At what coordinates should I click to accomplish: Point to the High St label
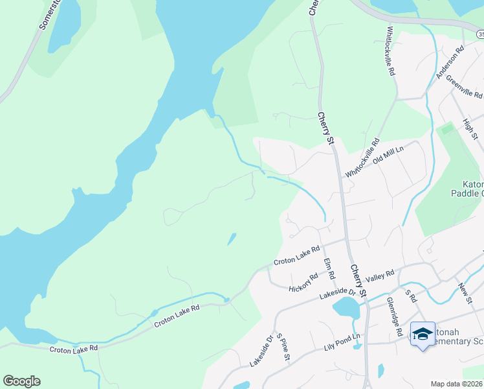(x=470, y=129)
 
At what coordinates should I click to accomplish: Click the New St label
(x=465, y=291)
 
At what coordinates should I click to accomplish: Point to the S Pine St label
(x=282, y=348)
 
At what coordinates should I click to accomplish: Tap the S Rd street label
(x=409, y=296)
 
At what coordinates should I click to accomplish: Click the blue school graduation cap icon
(x=423, y=334)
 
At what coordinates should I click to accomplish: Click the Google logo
(x=21, y=381)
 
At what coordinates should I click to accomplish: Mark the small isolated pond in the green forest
(x=231, y=239)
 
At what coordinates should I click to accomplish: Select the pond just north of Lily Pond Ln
(x=346, y=309)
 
